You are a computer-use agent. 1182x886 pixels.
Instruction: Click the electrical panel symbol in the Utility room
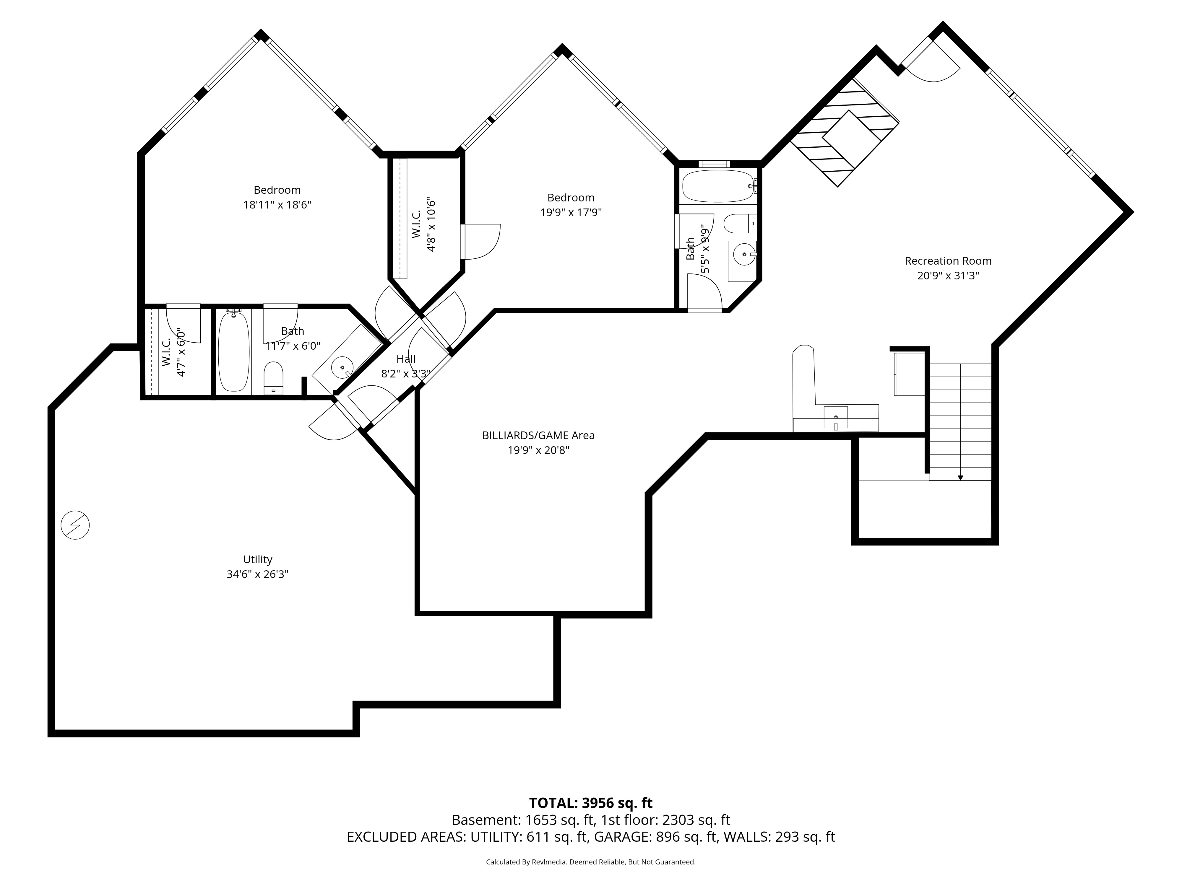pyautogui.click(x=75, y=525)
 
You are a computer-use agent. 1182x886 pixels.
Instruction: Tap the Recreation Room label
pyautogui.click(x=948, y=261)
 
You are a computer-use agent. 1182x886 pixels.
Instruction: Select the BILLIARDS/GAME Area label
pyautogui.click(x=538, y=435)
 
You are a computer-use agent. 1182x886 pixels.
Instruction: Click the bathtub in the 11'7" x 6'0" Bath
pyautogui.click(x=233, y=351)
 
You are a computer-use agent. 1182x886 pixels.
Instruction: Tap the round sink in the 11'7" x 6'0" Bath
pyautogui.click(x=342, y=367)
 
